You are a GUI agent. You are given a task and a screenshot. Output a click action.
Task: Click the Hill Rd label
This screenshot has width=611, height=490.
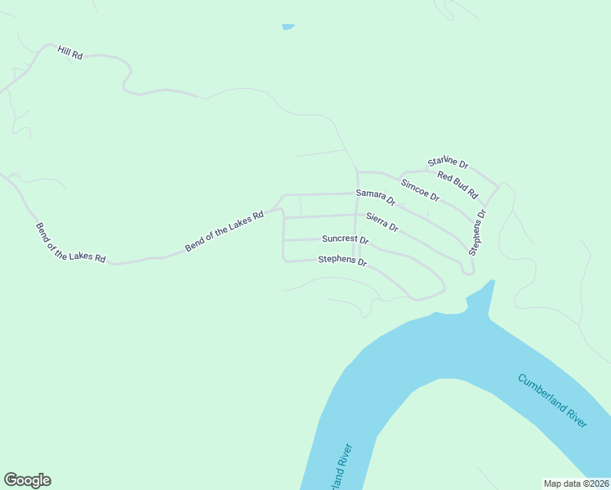(70, 52)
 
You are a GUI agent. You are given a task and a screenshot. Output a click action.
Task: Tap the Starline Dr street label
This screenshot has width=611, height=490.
(448, 164)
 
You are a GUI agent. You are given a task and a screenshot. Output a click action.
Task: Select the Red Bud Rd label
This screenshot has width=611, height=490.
(457, 185)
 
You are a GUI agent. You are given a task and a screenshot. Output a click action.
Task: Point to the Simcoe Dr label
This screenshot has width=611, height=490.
(421, 190)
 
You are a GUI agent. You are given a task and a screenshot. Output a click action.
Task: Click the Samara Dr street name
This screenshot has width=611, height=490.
(376, 197)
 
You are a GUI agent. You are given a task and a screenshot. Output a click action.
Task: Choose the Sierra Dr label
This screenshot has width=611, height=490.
(382, 221)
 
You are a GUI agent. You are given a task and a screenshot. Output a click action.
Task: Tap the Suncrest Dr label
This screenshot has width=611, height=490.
(346, 240)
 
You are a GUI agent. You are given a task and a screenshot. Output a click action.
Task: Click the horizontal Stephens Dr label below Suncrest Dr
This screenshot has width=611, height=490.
(342, 262)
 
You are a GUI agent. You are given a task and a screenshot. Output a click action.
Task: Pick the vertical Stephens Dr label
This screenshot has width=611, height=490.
(477, 233)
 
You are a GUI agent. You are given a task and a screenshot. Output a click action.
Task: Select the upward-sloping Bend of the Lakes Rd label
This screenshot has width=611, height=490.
(225, 231)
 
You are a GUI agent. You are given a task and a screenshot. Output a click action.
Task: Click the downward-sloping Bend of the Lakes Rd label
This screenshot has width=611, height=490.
(70, 243)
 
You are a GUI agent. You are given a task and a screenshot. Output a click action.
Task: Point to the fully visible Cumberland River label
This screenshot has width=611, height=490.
(552, 400)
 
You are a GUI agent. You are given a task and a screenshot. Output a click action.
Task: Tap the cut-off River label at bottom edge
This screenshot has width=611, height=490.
(341, 466)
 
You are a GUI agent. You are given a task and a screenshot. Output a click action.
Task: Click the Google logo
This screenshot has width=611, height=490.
(27, 480)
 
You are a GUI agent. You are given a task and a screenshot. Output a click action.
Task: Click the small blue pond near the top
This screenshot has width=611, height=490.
(288, 27)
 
